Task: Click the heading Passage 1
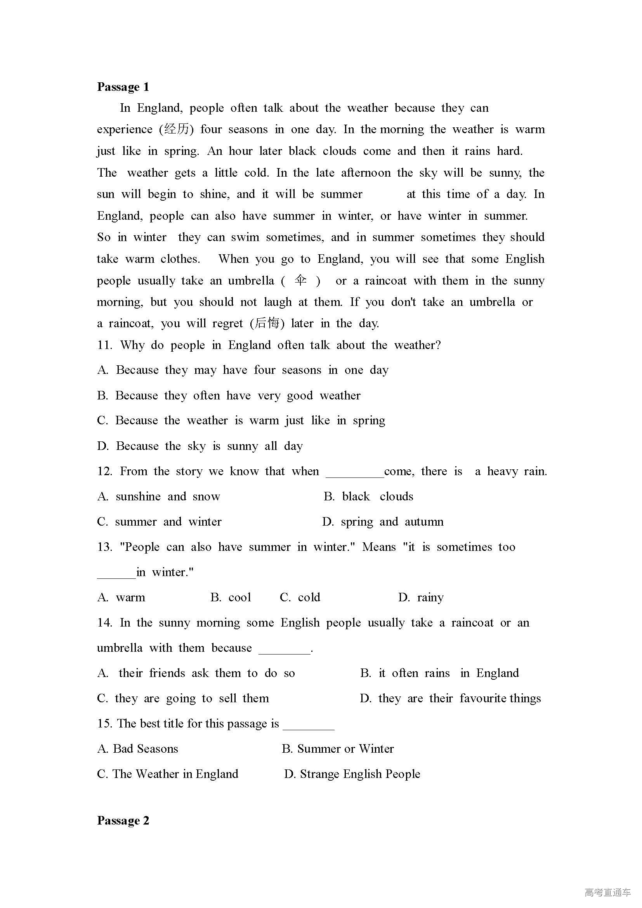click(x=123, y=87)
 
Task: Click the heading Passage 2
click(x=123, y=820)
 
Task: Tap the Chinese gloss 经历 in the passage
click(x=176, y=129)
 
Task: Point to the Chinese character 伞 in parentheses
click(x=300, y=280)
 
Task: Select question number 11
click(x=104, y=345)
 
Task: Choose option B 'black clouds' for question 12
click(x=368, y=497)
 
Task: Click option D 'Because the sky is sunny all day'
click(x=200, y=446)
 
